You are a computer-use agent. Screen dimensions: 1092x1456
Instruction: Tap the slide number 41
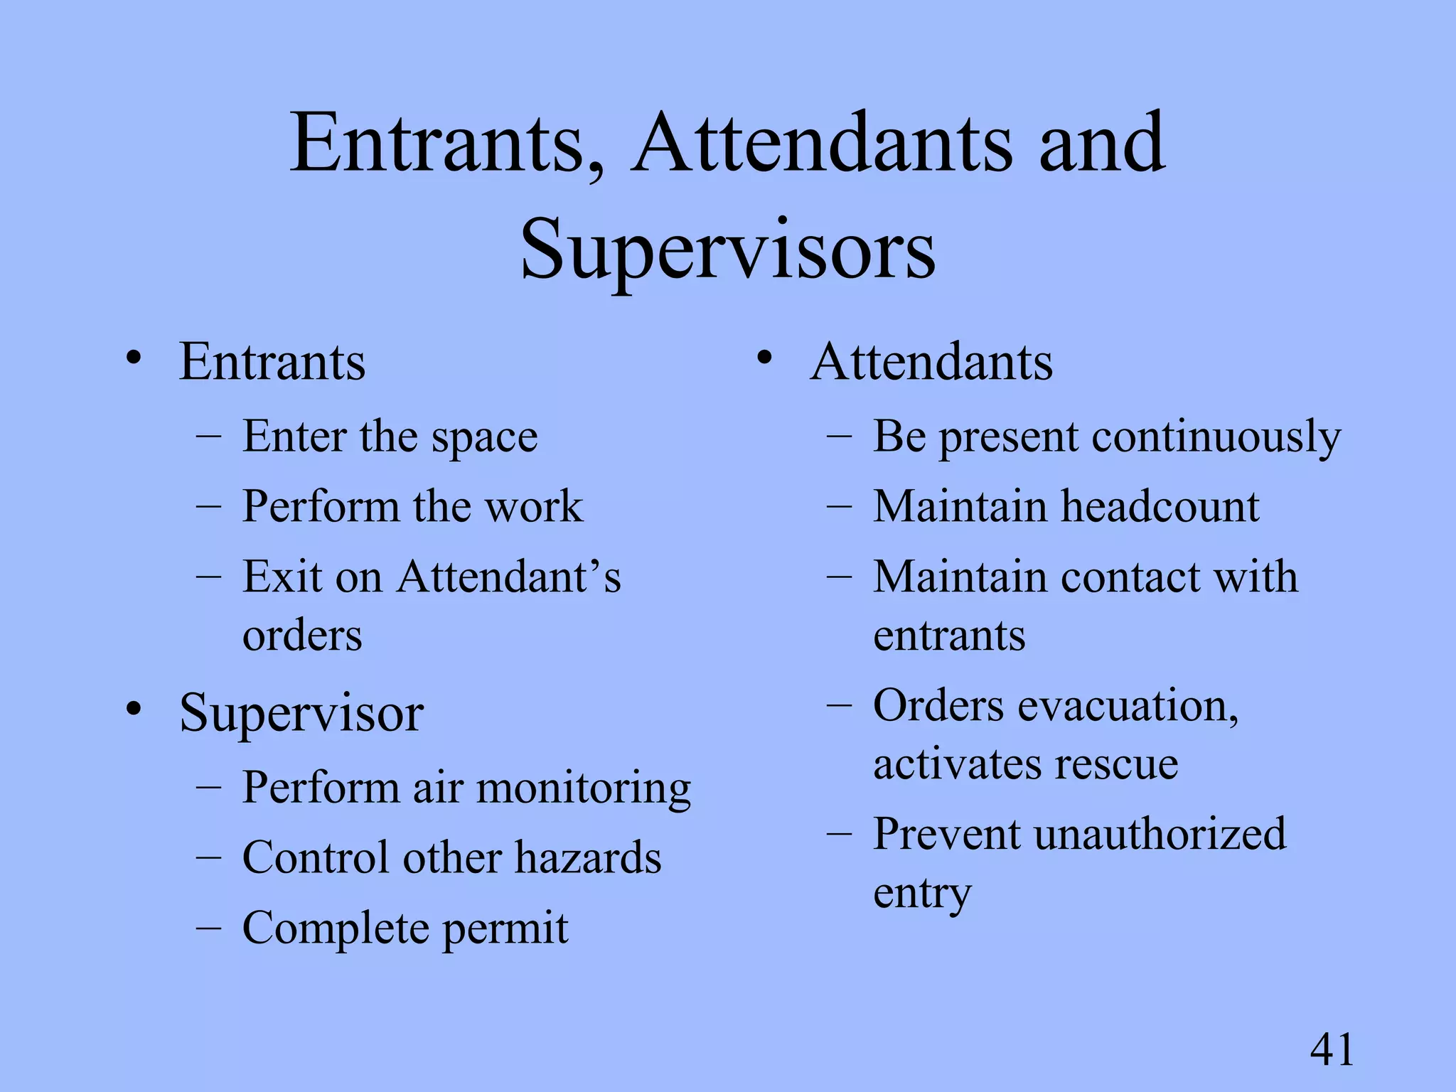(1332, 1049)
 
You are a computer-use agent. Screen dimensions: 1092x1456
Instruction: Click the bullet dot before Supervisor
(133, 709)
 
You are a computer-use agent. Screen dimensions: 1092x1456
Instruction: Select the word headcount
(1160, 506)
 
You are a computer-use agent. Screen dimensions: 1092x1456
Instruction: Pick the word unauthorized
(1160, 833)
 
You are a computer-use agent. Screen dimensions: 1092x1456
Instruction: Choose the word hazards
(588, 857)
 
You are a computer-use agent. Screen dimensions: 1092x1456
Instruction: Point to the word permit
(505, 928)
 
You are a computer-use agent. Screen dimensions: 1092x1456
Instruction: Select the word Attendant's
(509, 577)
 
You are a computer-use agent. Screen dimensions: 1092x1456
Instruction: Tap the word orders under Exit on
(302, 635)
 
